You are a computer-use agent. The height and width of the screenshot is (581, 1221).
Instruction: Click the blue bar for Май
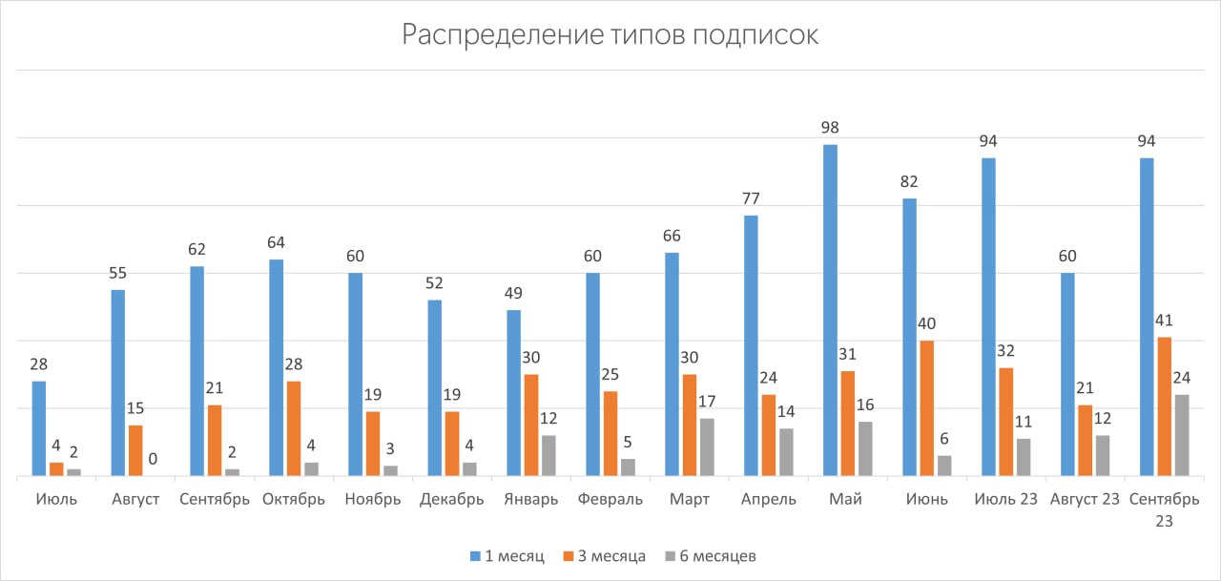pos(830,310)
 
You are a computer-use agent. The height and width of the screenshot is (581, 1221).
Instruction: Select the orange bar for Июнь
pos(926,408)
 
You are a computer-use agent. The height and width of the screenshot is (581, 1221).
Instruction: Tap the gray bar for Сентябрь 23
pos(1182,435)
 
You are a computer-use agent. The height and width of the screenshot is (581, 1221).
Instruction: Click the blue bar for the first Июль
pos(39,428)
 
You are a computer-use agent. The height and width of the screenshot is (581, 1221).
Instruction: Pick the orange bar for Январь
pos(531,425)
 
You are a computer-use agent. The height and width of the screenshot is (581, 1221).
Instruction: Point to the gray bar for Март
pos(707,446)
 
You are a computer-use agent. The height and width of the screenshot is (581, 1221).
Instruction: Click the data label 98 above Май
pos(830,127)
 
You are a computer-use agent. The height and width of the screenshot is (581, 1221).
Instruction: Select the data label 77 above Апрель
pos(751,198)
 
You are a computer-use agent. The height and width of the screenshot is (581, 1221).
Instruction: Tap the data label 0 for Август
pos(153,459)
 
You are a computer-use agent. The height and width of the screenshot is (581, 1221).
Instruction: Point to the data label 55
pos(117,273)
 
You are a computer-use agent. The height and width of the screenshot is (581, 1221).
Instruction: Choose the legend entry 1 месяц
pos(507,556)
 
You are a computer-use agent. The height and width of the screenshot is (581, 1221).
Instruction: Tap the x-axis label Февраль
pos(610,500)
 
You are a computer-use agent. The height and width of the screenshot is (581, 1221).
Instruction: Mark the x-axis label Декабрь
pos(452,500)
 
